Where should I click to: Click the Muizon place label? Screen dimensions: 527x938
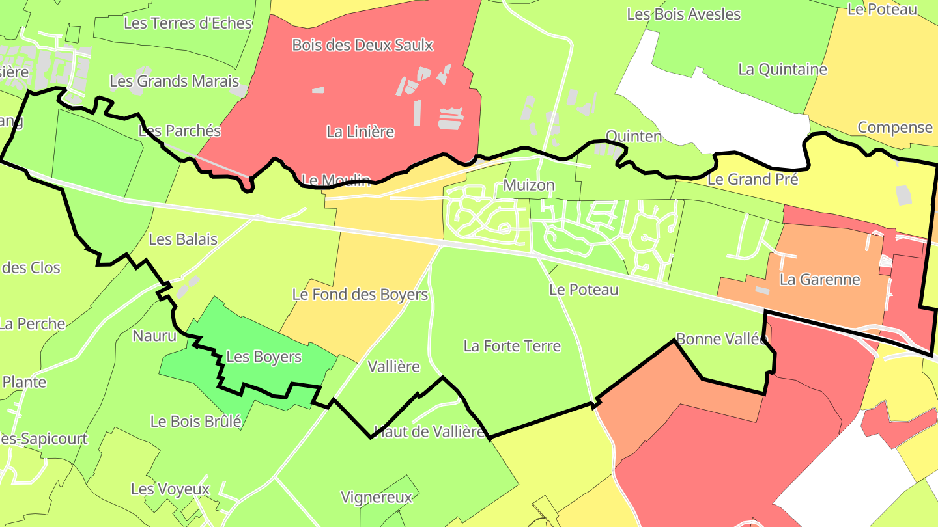528,185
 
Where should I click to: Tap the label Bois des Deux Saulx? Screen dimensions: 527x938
362,45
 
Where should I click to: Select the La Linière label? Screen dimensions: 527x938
360,131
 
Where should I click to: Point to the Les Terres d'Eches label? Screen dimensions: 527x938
188,23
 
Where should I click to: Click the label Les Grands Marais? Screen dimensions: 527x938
174,81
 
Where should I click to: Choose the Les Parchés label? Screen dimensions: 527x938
180,131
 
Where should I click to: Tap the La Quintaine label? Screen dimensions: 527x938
782,69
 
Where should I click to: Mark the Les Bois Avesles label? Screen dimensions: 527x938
683,14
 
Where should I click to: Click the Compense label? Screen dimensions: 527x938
894,127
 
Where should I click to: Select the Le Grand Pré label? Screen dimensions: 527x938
752,179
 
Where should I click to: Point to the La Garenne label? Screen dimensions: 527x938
819,280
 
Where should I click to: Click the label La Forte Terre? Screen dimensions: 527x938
512,345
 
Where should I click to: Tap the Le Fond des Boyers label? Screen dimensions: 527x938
360,295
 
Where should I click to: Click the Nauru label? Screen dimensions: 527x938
154,336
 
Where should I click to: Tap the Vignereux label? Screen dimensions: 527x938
377,498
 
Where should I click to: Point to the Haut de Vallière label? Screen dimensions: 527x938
429,431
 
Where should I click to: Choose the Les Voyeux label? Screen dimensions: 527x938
170,489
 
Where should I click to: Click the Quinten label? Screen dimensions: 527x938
633,136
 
